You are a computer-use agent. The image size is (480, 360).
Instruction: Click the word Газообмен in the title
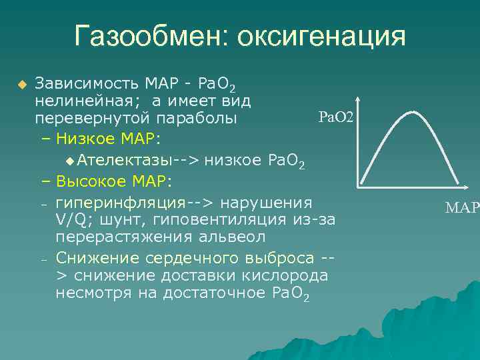click(x=147, y=36)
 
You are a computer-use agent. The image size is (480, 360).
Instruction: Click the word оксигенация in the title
click(x=318, y=36)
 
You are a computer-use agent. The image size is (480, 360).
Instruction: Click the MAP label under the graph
click(x=462, y=208)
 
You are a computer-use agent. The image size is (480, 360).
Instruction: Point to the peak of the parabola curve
click(x=408, y=112)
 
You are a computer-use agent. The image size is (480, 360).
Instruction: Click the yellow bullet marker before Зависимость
click(x=21, y=85)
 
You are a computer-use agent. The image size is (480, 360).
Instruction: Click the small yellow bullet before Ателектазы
click(x=71, y=161)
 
